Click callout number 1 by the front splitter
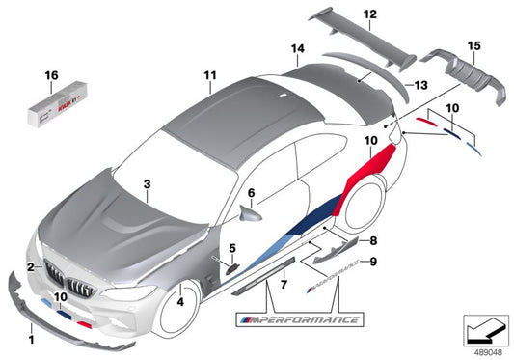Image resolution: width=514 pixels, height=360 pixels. [x=33, y=340]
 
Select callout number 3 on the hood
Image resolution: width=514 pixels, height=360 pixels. [x=147, y=181]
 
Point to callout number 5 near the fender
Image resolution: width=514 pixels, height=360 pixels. [x=232, y=249]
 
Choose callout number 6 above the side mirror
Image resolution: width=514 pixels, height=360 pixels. [x=251, y=192]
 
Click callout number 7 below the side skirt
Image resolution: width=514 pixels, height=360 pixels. [x=283, y=286]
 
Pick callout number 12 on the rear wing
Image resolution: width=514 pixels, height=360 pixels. [x=370, y=14]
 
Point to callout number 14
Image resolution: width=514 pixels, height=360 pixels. [x=298, y=48]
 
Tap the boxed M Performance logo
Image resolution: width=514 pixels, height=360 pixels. [x=299, y=319]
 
